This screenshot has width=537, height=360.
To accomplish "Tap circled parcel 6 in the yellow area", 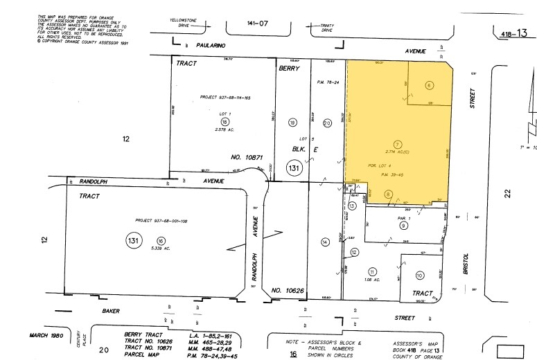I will click(429, 85).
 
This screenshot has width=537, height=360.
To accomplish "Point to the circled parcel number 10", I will click(419, 276).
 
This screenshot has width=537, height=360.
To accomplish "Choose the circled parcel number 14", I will click(324, 242).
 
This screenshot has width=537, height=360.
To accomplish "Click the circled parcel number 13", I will click(352, 206).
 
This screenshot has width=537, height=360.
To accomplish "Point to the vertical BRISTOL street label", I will click(465, 252).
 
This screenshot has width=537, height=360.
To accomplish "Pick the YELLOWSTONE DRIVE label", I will click(184, 25).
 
